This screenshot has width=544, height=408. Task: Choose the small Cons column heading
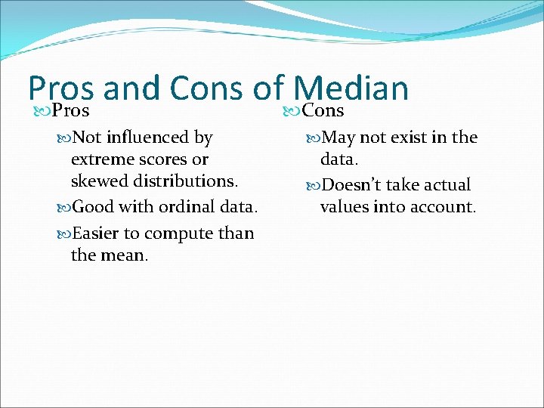point(323,111)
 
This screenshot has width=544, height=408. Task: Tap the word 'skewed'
point(97,181)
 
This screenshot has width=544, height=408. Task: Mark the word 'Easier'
point(95,233)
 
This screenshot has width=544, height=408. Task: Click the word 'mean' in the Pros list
point(124,255)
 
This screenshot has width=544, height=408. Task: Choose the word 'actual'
point(446,185)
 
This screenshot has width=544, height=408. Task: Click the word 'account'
point(443,207)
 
